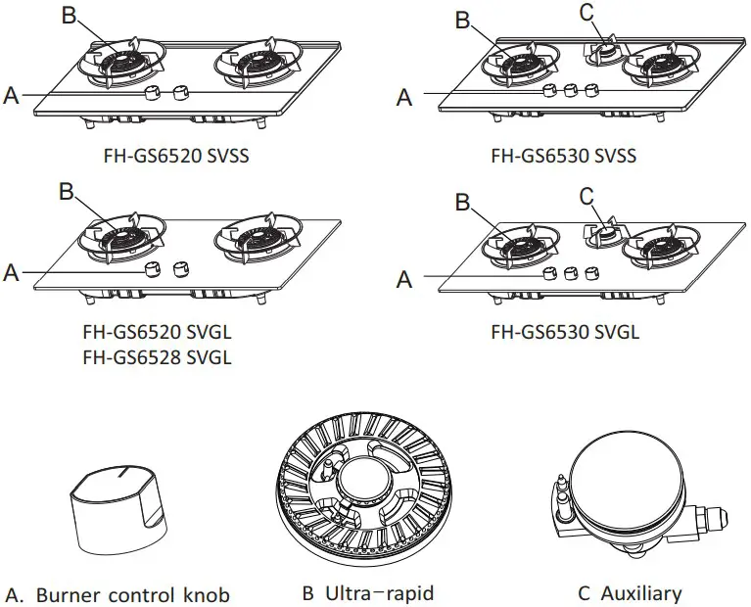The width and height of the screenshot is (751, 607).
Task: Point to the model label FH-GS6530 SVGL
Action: coord(565,332)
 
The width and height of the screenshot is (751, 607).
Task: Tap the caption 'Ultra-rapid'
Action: coord(368,593)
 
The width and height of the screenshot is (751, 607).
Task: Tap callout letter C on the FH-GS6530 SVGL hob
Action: coord(587,197)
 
